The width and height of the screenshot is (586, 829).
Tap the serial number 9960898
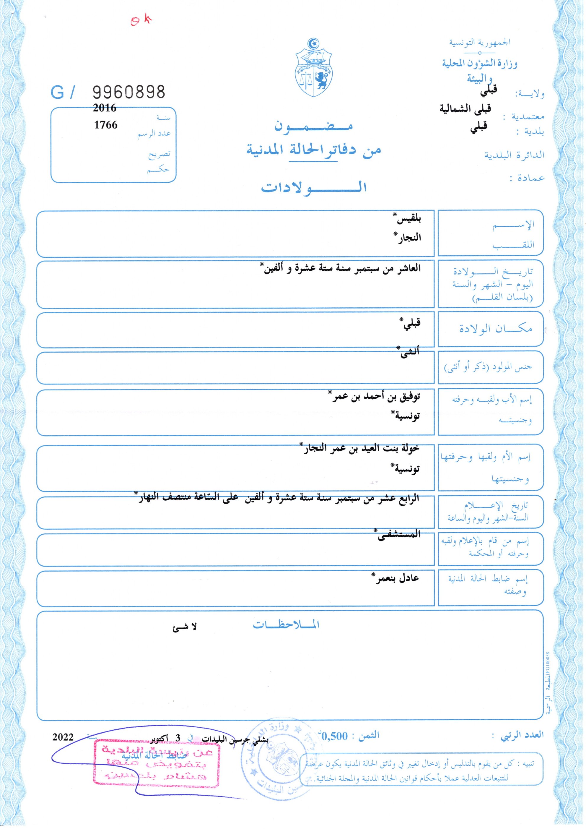[129, 93]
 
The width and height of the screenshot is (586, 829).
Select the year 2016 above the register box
[105, 108]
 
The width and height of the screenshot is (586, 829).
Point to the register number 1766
[106, 125]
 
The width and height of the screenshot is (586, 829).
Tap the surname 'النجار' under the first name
[407, 238]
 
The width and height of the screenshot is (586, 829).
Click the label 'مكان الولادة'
[495, 329]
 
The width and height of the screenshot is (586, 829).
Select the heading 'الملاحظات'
[286, 625]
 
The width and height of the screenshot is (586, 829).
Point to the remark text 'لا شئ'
[184, 627]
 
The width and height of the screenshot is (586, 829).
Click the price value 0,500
[334, 736]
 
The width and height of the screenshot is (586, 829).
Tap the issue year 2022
[63, 737]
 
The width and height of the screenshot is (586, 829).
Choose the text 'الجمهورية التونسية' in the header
[480, 43]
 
